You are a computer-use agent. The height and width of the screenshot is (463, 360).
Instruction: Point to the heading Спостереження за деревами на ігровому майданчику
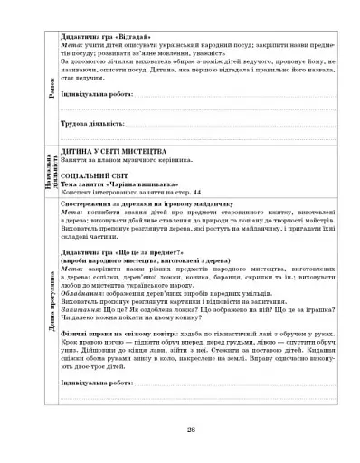tap(136, 205)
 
